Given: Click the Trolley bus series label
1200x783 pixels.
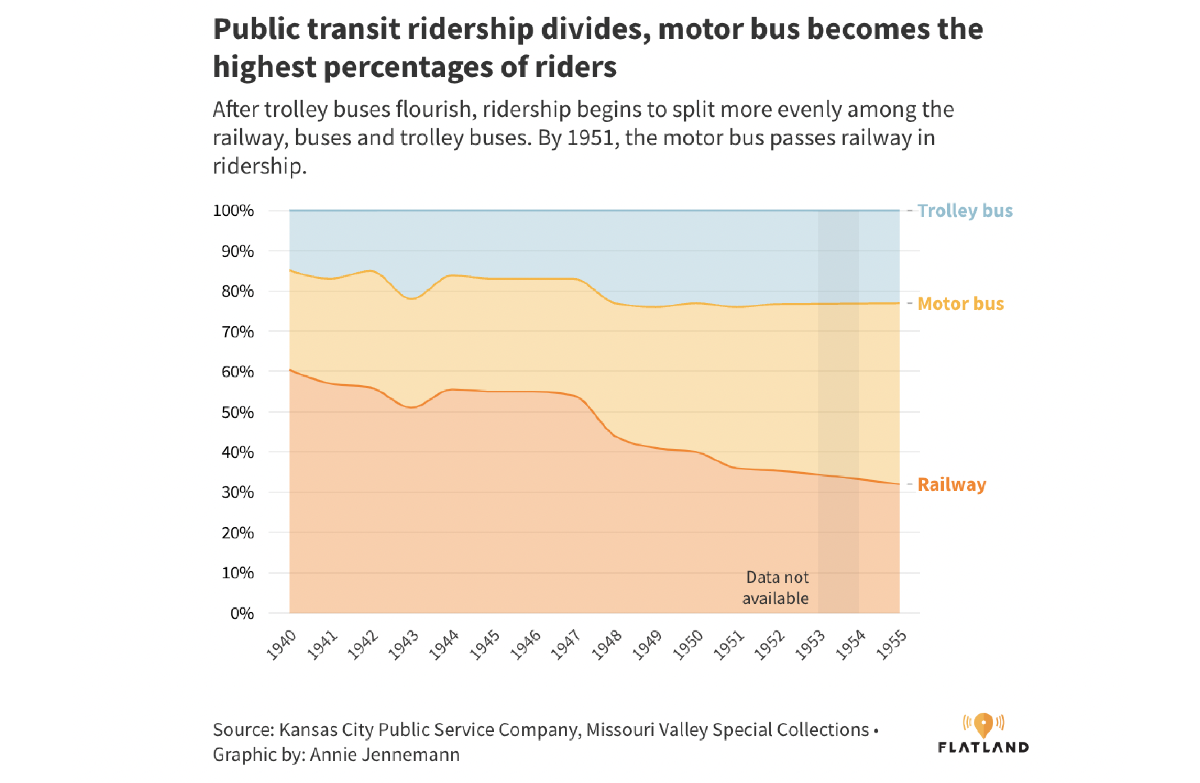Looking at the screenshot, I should coord(964,211).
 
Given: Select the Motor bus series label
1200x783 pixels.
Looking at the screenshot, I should coord(960,304).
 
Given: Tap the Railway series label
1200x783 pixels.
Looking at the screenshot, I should coord(951,484).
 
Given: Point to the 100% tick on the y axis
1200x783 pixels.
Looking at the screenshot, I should coord(233,211).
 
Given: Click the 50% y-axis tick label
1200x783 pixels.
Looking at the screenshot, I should coord(237,412).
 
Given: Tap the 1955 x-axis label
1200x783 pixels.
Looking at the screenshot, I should coord(892,645).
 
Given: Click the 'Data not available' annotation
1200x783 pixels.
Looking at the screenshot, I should coord(776,588).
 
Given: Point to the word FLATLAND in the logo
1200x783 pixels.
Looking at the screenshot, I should coord(983,747).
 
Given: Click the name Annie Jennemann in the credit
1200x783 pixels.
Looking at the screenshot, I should coord(384,755).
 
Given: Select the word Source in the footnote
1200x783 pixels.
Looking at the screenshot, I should coord(243,730).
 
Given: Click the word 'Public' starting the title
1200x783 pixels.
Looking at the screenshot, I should coord(256,29).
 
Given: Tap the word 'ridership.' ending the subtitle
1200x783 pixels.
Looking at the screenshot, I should coord(259,166).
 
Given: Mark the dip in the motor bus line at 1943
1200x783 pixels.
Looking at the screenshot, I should coord(411,299).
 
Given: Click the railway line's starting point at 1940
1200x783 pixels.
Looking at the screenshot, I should coord(290,371).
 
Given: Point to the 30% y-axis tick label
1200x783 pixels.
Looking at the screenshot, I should coord(237,492).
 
